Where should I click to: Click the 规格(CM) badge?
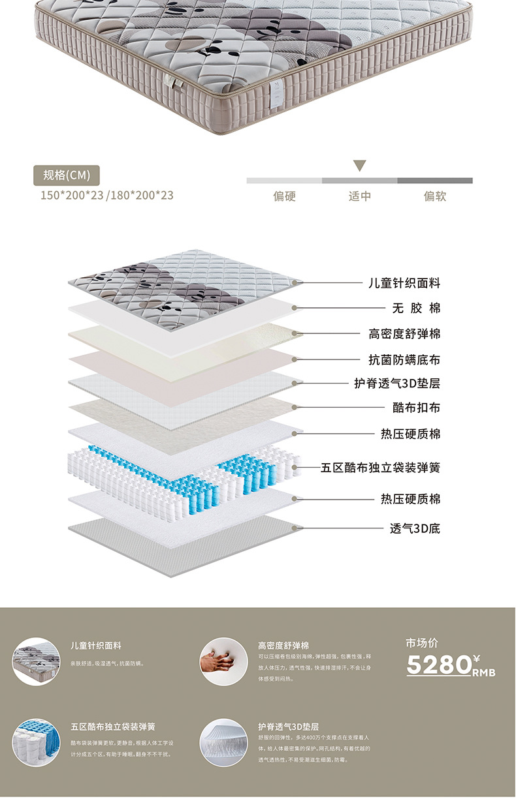coord(67,175)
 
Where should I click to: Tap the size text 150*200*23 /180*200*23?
coord(106,195)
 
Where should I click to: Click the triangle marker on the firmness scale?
coord(359,166)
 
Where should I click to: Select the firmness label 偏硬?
coord(284,196)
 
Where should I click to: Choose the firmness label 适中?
coord(360,196)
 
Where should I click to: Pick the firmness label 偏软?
coord(435,196)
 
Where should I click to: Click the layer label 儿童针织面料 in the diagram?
coord(404,283)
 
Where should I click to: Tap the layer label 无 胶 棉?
coord(415,308)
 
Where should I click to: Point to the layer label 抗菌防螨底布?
coord(404,359)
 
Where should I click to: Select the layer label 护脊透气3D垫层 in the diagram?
coord(397,383)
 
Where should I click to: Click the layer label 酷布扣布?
coord(416,408)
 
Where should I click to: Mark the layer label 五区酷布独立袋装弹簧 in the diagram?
coord(381,468)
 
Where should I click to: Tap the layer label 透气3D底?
coord(415,528)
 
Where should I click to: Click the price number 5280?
coord(439,665)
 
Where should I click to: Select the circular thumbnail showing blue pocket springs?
coord(37,743)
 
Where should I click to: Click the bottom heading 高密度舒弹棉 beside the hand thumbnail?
coord(283,645)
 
